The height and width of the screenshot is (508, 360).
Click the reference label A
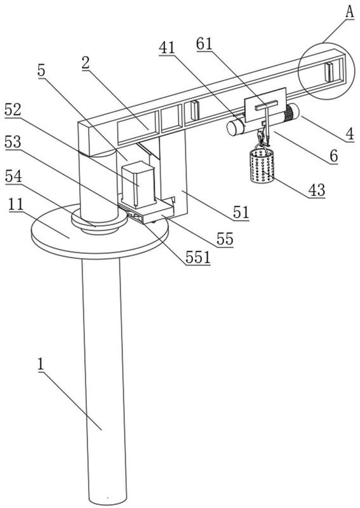349,12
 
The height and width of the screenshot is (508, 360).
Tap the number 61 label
204,44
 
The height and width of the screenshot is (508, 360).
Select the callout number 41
167,48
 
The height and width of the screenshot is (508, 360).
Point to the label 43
317,190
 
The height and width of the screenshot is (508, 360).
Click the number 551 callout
198,258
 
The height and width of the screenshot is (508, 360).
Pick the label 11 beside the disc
17,204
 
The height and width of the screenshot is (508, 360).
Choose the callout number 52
13,110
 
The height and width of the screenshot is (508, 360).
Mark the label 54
13,177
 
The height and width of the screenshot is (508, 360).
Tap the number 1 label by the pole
41,364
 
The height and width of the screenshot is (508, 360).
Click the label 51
241,213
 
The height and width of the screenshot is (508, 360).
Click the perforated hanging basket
262,165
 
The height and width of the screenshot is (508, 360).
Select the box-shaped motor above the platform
138,184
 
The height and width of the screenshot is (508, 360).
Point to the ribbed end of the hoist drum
291,112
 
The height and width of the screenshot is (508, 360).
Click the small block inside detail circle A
329,72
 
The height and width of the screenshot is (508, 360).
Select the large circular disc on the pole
100,232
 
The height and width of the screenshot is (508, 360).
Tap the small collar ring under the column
99,222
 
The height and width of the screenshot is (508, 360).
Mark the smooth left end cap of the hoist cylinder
232,128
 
